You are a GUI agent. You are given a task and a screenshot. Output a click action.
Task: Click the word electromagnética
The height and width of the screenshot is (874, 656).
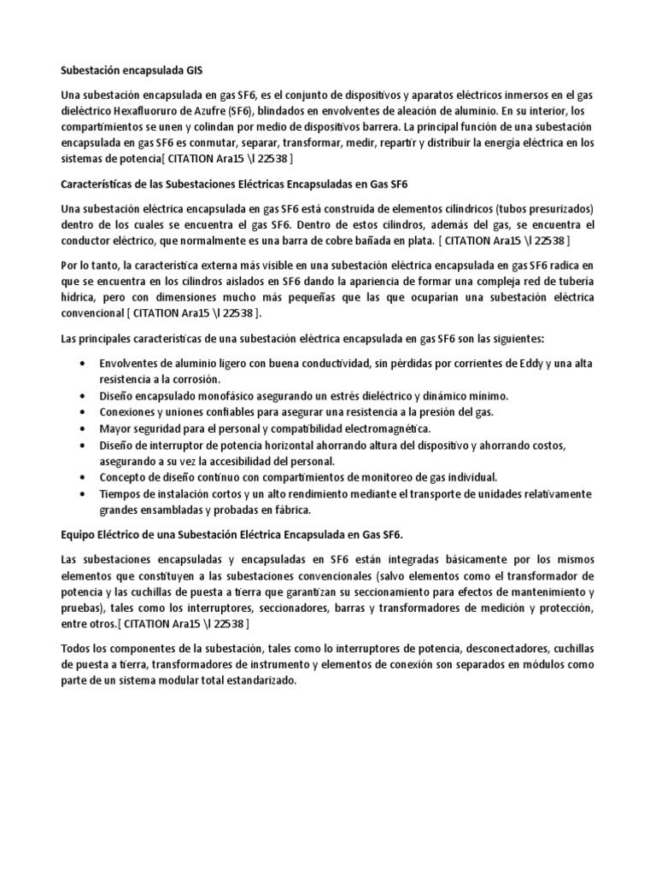[x=384, y=428]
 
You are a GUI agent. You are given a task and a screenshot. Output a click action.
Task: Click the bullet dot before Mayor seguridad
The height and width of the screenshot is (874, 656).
[x=81, y=428]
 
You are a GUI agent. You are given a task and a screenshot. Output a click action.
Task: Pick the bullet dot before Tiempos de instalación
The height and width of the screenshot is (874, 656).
[x=81, y=495]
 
